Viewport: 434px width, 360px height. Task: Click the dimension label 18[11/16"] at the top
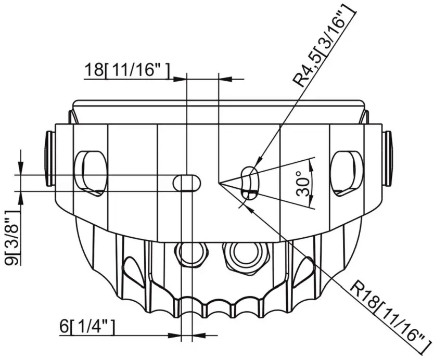pyautogui.click(x=127, y=70)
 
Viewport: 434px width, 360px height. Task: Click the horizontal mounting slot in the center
pyautogui.click(x=186, y=183)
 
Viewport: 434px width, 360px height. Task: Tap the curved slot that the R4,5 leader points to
pyautogui.click(x=249, y=183)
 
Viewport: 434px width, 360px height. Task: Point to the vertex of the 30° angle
pyautogui.click(x=219, y=183)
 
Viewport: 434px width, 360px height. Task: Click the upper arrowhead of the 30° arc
pyautogui.click(x=311, y=162)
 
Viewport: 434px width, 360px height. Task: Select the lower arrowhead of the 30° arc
pyautogui.click(x=311, y=204)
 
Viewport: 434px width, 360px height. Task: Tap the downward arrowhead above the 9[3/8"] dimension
pyautogui.click(x=20, y=169)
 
